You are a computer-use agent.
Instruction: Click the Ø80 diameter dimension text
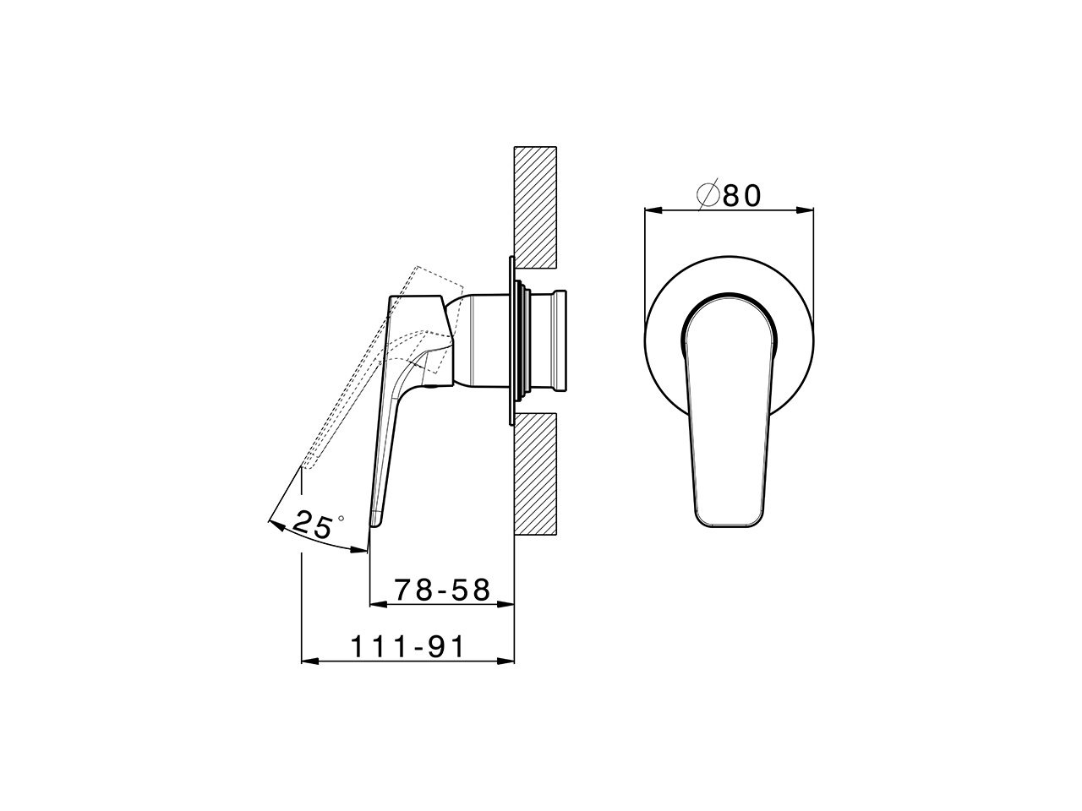click(x=730, y=195)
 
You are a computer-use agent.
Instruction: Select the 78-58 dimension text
click(x=443, y=590)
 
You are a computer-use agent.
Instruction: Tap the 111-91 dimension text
click(x=408, y=647)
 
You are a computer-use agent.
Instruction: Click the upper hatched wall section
click(x=534, y=204)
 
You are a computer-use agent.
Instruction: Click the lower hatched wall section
click(x=534, y=474)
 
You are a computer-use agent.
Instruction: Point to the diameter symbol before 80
click(x=708, y=195)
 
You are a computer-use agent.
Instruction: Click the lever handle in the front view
click(x=730, y=414)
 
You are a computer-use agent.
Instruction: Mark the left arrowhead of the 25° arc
click(x=273, y=525)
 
